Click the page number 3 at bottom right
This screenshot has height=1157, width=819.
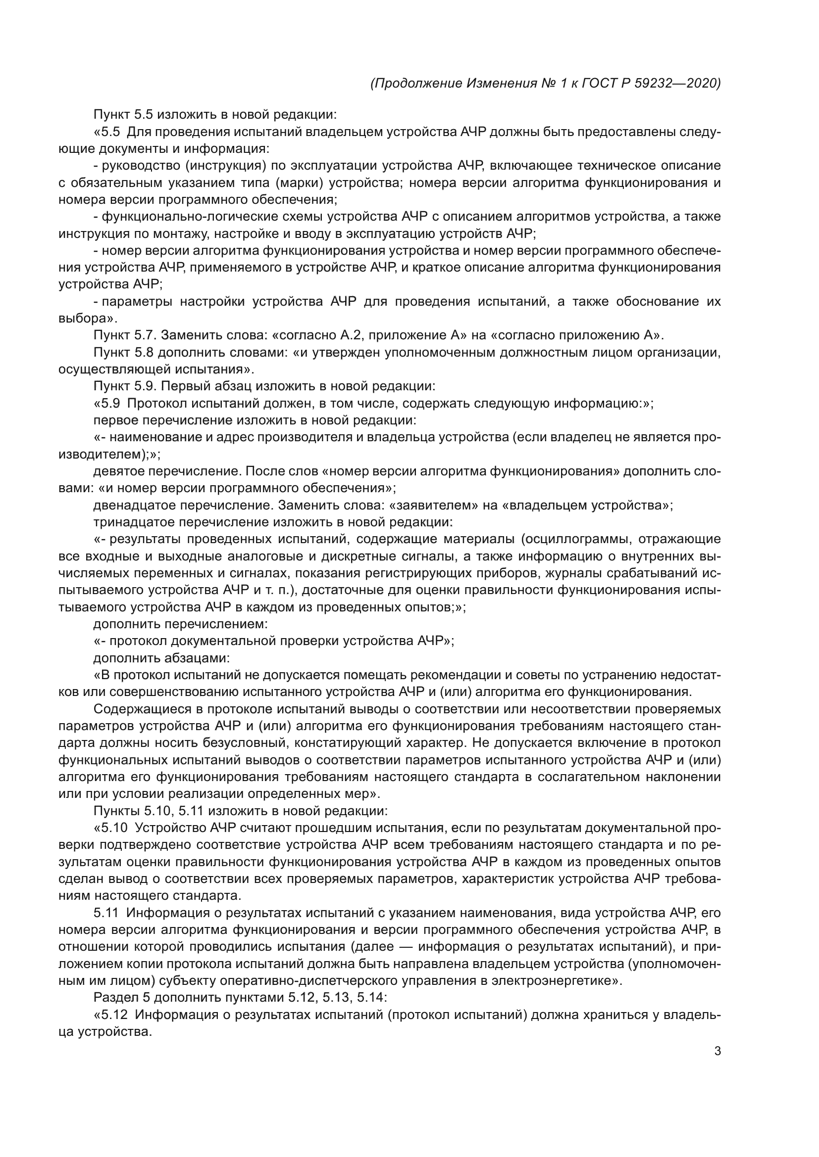coord(717,1052)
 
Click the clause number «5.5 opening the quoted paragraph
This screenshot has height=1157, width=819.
coord(107,132)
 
